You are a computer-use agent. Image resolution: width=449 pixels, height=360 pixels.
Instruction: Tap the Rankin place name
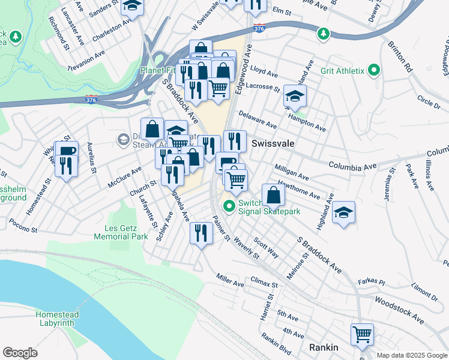[x=324, y=347]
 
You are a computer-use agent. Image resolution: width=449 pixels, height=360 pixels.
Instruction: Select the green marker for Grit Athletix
[x=375, y=71]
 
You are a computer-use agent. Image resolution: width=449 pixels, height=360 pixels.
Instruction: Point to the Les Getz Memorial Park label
[x=121, y=232]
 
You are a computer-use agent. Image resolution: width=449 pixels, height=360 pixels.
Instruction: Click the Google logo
[x=20, y=352]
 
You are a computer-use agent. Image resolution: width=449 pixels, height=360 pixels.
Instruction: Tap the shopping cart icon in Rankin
[x=362, y=335]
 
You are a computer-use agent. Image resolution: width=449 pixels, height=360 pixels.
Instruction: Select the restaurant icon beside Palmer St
[x=201, y=232]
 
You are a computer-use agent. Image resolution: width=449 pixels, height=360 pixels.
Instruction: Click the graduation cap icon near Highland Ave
[x=343, y=212]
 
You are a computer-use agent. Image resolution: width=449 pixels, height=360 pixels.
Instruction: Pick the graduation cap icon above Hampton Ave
[x=295, y=96]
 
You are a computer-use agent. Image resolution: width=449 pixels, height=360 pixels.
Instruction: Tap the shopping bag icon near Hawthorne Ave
[x=273, y=194]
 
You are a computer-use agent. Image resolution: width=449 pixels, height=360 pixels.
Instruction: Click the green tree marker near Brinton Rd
[x=324, y=33]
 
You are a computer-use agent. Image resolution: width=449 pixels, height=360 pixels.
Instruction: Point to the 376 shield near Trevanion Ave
[x=91, y=97]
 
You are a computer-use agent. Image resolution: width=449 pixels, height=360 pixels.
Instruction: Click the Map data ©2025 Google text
[x=411, y=355]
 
